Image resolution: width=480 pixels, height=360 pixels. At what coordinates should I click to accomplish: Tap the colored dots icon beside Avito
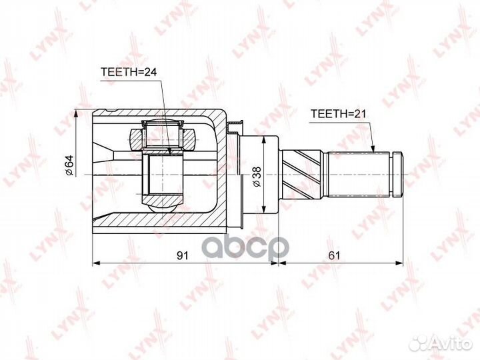[x=419, y=343]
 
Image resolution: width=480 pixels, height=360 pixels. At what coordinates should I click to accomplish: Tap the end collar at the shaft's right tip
[x=398, y=174]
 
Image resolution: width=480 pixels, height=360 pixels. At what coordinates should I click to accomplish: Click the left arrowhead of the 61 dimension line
[x=281, y=264]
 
